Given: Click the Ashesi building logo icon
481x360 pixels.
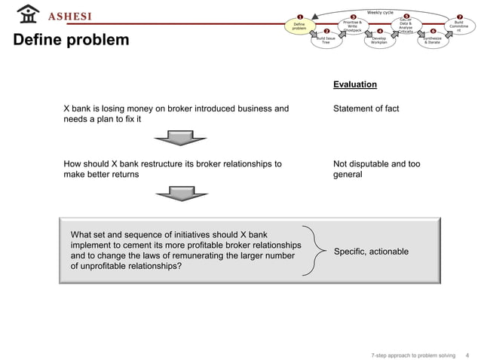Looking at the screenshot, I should pos(28,14).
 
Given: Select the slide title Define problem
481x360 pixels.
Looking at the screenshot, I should pos(71,39).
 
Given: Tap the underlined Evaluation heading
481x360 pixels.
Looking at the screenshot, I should pos(354,84).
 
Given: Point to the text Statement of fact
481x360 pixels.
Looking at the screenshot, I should pos(366,109).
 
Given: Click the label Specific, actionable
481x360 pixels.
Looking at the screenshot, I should pos(371,251).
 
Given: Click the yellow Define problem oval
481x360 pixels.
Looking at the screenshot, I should pos(299,26).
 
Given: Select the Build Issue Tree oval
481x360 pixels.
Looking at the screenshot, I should pos(326,40).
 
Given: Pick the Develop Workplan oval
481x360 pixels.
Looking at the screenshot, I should pos(379,40).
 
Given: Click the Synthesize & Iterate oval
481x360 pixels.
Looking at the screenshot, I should pos(433,40).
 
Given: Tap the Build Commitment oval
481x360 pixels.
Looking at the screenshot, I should pos(458,26).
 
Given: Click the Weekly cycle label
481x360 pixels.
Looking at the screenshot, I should pos(380,12).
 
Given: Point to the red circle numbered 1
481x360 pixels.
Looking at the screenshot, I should pos(299,17).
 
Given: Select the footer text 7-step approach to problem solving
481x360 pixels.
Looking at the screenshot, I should pos(414,353).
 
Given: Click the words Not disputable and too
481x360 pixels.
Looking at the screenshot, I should pos(376,163).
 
